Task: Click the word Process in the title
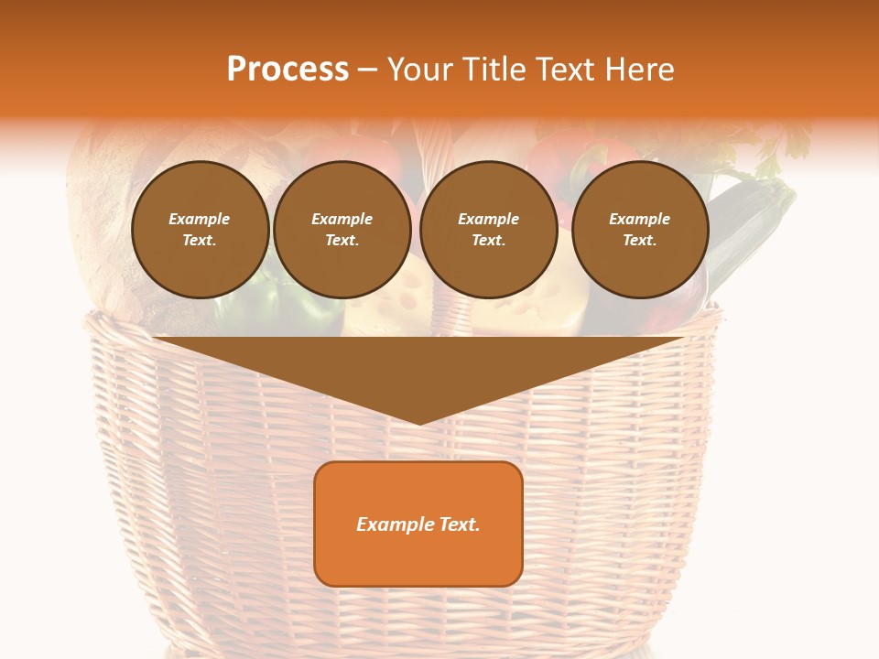[288, 70]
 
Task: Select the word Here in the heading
[640, 70]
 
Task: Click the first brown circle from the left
[200, 230]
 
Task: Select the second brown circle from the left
[342, 230]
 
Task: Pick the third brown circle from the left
[489, 230]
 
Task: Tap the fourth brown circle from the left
[640, 230]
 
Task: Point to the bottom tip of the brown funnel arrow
[418, 423]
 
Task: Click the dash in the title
[368, 70]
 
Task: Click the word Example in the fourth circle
[640, 219]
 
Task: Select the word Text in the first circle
[200, 241]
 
